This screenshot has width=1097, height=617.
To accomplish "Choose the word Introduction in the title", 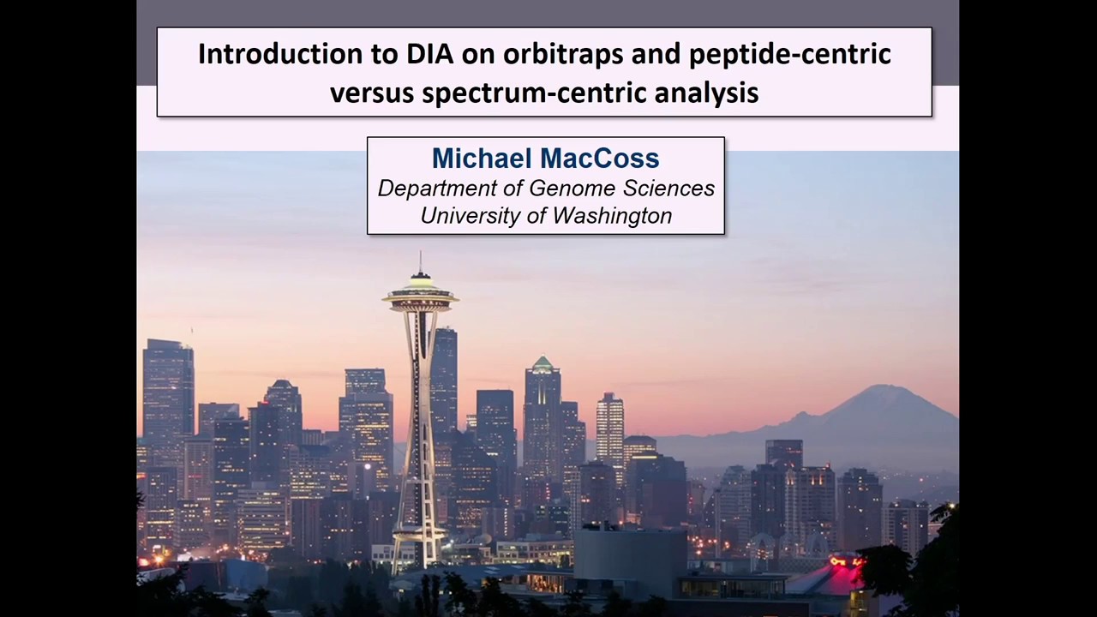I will (279, 54).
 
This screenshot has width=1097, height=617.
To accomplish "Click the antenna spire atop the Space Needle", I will (420, 261).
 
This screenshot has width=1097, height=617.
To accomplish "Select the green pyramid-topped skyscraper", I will (543, 367).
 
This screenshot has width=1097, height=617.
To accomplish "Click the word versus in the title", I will (371, 92).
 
